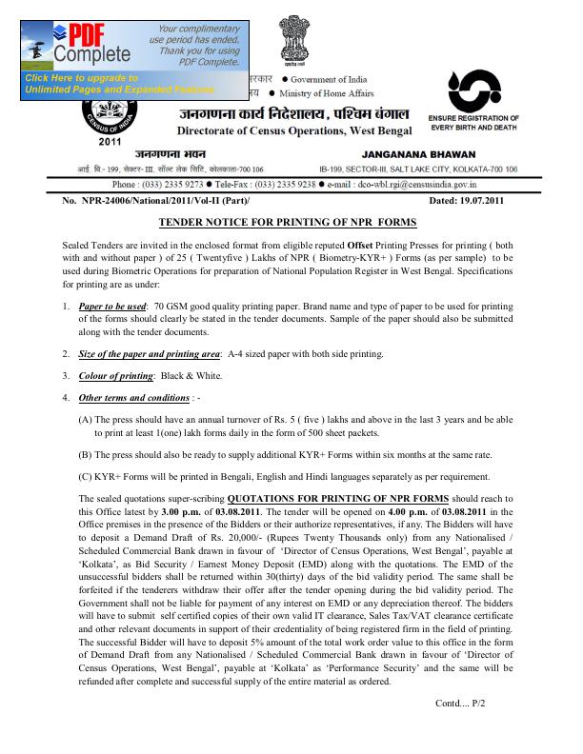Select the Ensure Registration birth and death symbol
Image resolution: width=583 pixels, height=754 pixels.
click(472, 92)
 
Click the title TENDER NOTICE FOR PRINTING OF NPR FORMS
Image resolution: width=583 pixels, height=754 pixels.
click(287, 221)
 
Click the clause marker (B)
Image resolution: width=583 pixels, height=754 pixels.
click(85, 455)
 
